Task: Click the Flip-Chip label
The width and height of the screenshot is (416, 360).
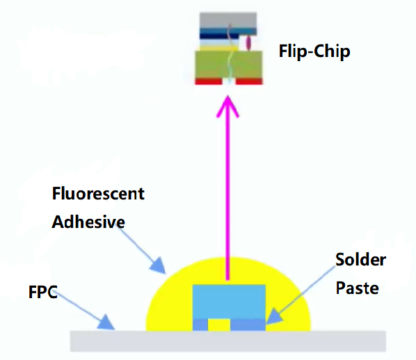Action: pos(314,51)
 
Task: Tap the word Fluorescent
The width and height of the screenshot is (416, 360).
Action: pos(98,193)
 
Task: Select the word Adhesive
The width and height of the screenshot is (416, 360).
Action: pos(88,222)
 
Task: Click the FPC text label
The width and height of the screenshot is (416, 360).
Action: pos(42,292)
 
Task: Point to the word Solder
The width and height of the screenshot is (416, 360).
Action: pos(360,259)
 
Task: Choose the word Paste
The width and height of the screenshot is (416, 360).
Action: pos(357,288)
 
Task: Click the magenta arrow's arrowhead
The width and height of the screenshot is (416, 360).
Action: pos(227,106)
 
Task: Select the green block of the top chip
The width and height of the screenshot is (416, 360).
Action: pos(229,65)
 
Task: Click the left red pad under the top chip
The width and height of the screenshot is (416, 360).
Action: pos(209,81)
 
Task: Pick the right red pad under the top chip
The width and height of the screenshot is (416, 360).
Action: pos(249,81)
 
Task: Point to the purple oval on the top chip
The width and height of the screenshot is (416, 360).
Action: pos(248,42)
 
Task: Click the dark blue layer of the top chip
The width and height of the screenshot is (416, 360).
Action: pos(228,33)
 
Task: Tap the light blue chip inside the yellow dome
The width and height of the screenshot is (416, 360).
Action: pos(229,302)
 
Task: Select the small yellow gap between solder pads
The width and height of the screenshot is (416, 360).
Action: pos(219,325)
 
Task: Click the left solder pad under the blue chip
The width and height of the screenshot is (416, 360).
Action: pos(200,325)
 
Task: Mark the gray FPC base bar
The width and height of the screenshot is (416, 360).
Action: pos(228,341)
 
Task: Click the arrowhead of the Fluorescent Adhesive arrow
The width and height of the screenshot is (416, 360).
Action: pos(158,265)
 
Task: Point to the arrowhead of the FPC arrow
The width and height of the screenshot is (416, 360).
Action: pos(106,322)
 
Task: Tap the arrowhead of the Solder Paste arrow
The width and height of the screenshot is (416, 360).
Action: pos(274,316)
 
